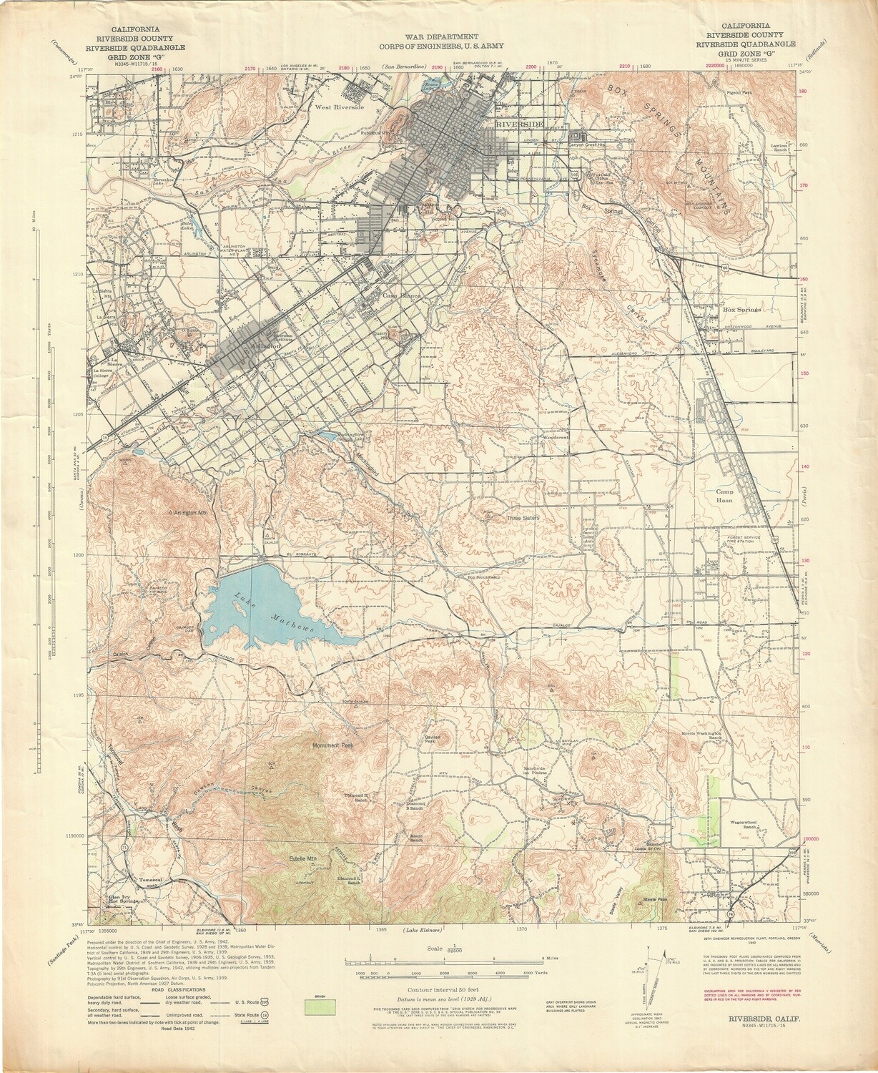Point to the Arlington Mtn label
(187, 513)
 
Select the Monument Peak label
(333, 745)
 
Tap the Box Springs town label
(741, 310)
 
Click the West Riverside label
(340, 107)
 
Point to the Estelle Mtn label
(302, 858)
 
